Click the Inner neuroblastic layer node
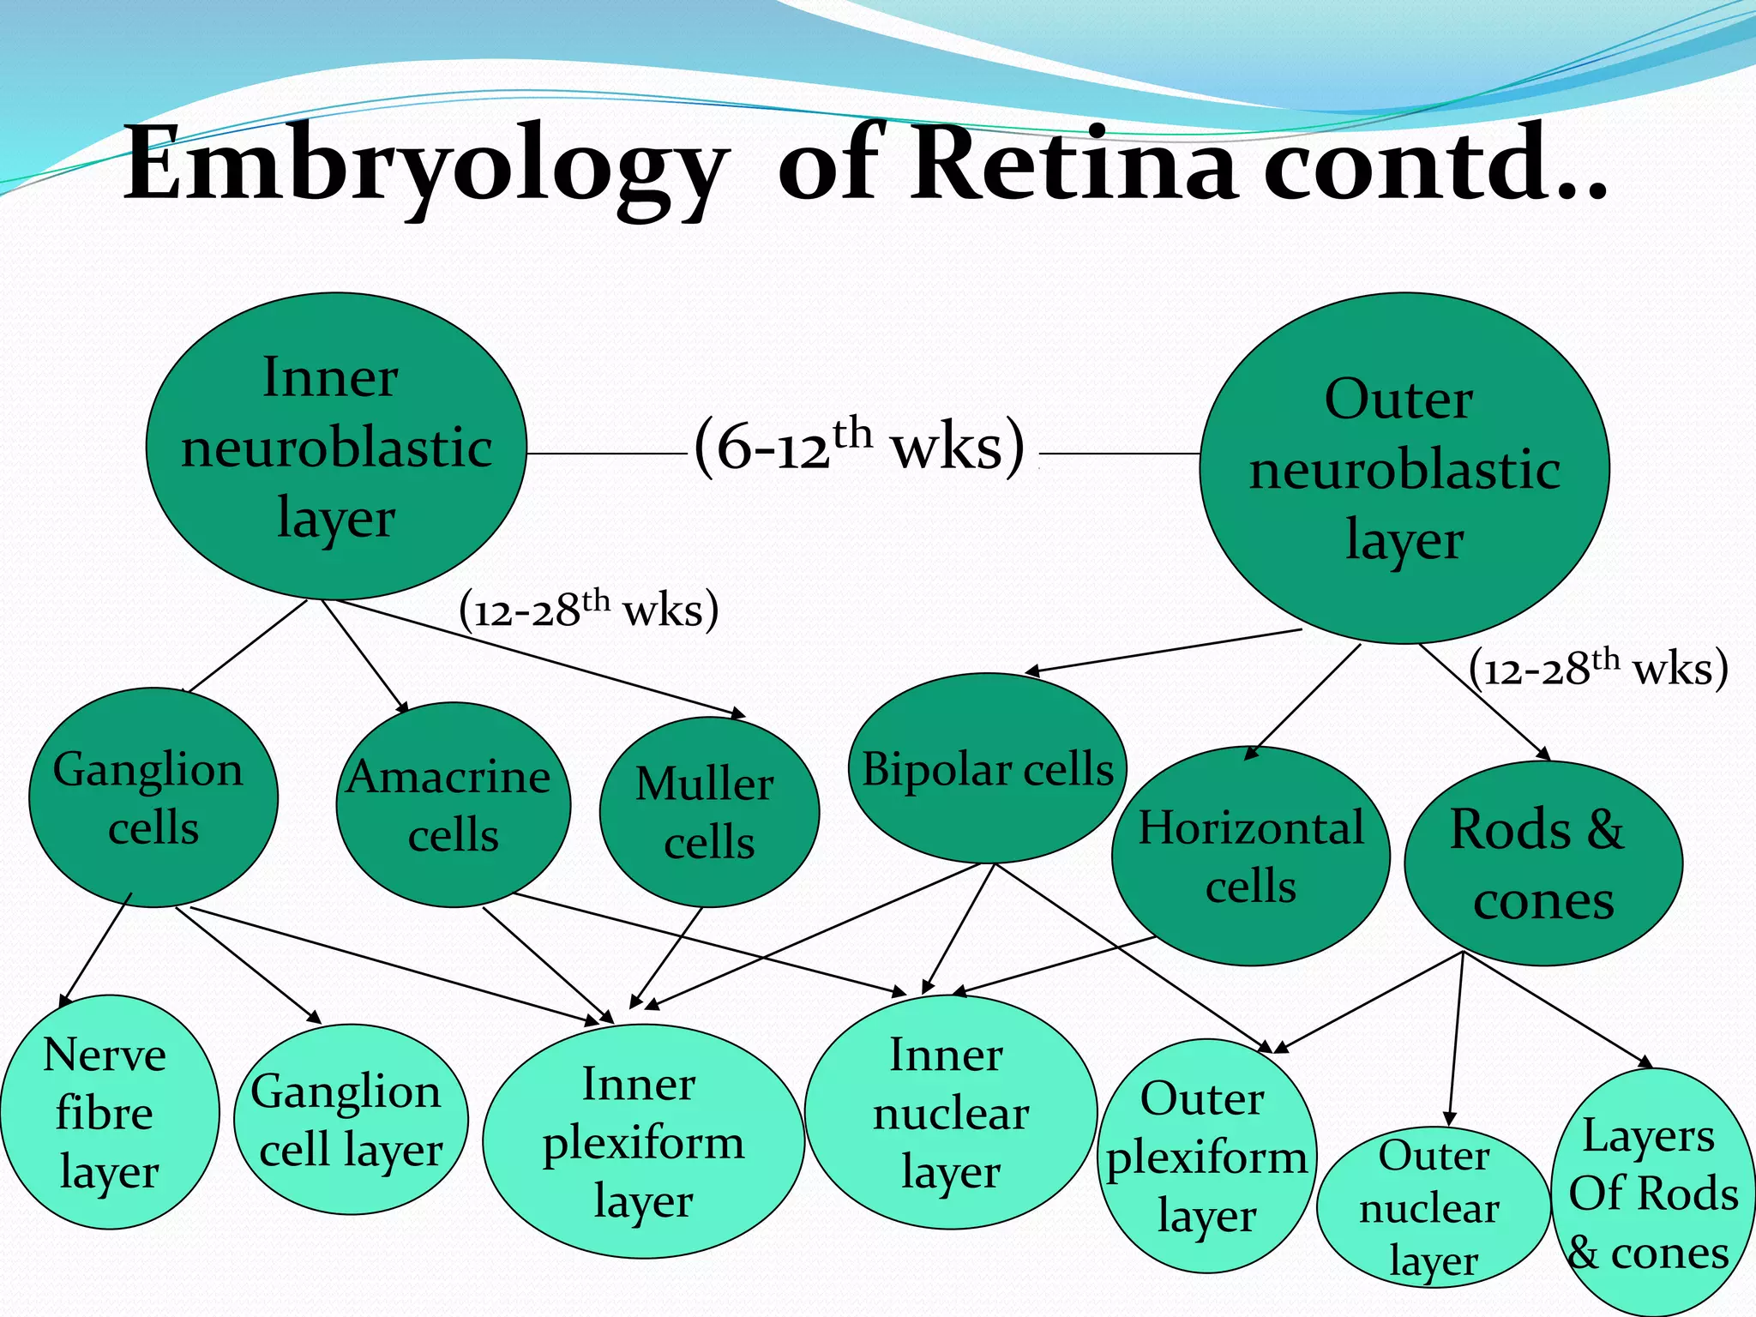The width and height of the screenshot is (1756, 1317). point(336,447)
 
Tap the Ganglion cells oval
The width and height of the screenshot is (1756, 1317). point(153,797)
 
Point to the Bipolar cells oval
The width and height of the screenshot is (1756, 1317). point(987,768)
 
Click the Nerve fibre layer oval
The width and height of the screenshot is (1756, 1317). point(108,1112)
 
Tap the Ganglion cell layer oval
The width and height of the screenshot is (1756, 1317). point(350,1119)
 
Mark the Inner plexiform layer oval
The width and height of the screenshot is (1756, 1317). point(643,1141)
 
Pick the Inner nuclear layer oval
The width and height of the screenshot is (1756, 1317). point(950,1112)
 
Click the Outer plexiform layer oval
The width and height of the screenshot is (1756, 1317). point(1206,1156)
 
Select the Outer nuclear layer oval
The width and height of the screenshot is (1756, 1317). point(1432,1207)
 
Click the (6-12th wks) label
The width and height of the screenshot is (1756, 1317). point(860,446)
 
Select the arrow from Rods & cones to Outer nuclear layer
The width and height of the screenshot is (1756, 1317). point(1455,1037)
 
